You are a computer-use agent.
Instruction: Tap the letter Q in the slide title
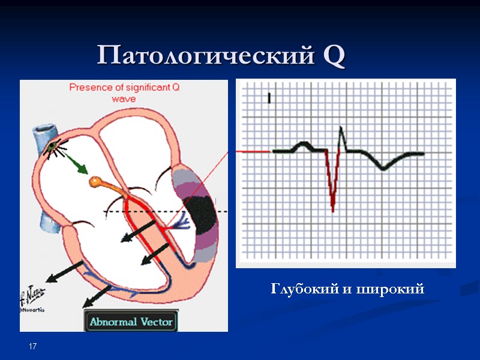coord(334,56)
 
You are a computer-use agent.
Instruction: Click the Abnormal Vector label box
coord(131,322)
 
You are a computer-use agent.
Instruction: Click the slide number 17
coord(33,347)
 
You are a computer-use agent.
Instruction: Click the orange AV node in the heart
coord(96,181)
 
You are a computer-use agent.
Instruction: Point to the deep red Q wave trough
coord(333,207)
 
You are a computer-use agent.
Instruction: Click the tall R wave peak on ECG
coord(341,128)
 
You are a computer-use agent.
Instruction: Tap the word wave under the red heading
coord(124,98)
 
